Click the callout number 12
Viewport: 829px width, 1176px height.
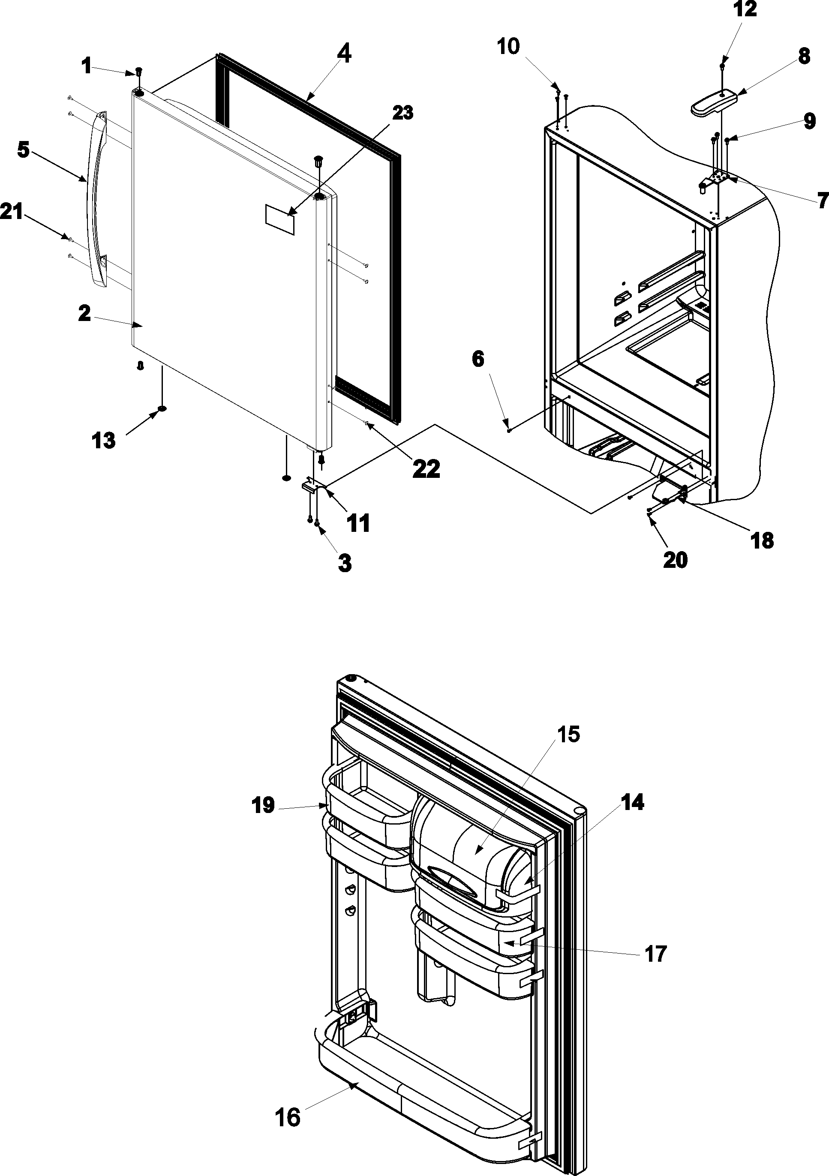tap(745, 10)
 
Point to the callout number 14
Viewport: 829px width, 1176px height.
tap(633, 802)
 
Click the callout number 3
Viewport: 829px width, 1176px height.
tap(344, 564)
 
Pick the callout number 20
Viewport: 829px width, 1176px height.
tap(674, 559)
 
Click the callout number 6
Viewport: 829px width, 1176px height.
tap(477, 359)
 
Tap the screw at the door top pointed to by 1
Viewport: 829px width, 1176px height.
tap(139, 71)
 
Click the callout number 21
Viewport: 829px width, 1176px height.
tap(11, 212)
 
